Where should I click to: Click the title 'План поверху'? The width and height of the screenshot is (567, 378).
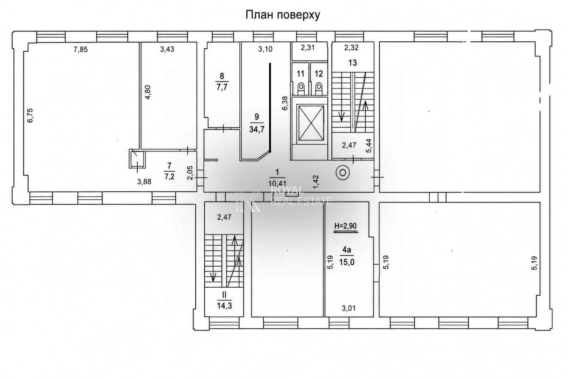[283, 15]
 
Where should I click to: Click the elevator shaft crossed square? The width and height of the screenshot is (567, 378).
[311, 123]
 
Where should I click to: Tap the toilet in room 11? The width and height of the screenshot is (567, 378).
[301, 88]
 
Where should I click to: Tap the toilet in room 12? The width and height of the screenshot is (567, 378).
[318, 88]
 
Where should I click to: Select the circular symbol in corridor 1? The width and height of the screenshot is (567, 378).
[343, 173]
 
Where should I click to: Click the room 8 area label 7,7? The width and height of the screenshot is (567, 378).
[222, 88]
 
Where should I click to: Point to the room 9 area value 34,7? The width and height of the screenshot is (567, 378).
[257, 129]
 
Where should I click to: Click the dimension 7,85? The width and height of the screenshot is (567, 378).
[81, 49]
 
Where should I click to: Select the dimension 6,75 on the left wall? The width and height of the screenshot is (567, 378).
[30, 115]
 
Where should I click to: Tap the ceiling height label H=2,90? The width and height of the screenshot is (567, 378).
[346, 226]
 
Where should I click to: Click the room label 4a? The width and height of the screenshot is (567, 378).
[347, 250]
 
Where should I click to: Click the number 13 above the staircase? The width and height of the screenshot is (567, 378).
[353, 62]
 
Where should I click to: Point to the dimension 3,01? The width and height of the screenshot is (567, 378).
[349, 308]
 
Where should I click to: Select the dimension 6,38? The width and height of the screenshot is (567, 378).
[285, 103]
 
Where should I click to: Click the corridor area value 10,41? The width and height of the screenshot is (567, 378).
[277, 183]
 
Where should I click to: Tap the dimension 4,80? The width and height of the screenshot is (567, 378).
[148, 92]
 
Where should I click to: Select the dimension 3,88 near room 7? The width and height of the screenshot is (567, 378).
[144, 182]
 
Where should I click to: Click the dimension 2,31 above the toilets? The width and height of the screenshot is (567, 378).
[307, 47]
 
